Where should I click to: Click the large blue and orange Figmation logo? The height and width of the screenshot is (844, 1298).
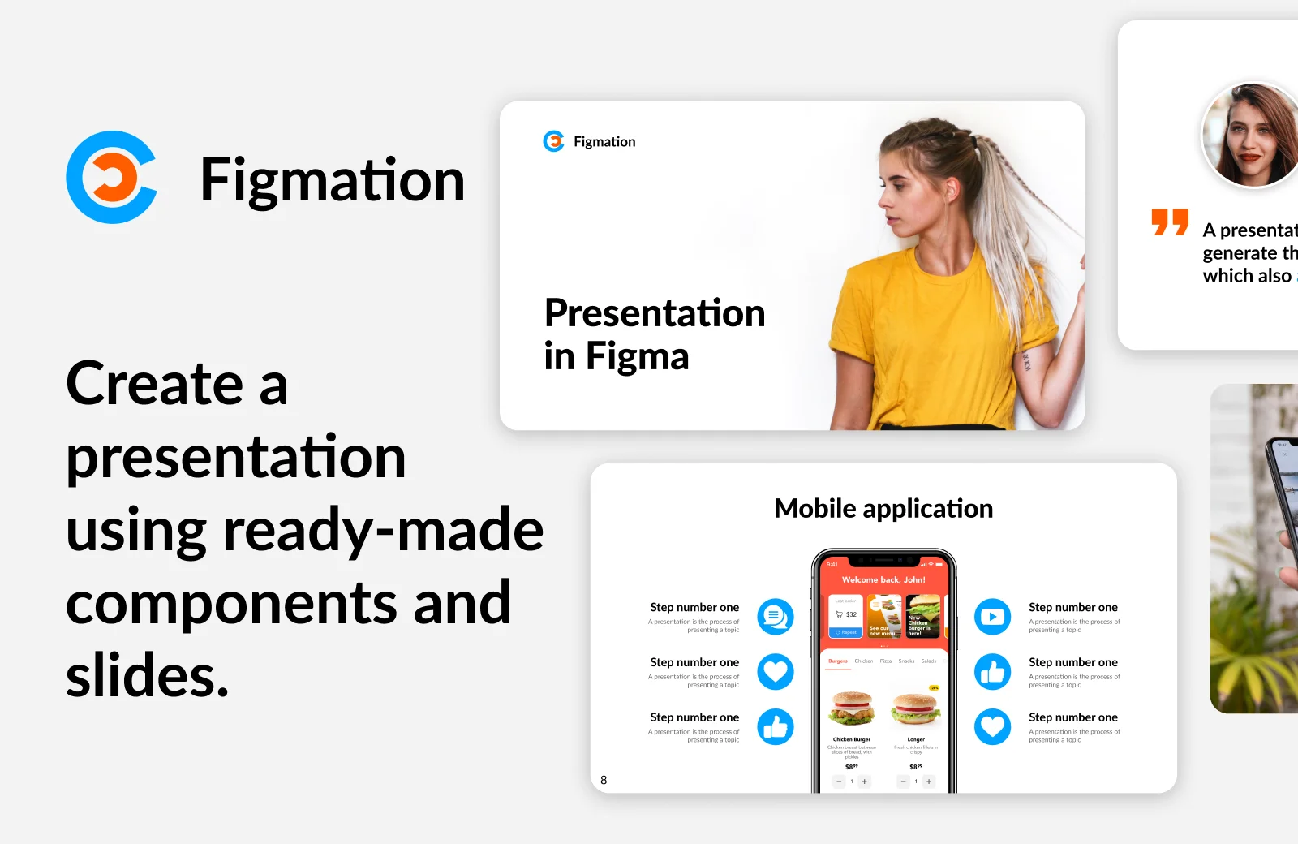click(x=111, y=177)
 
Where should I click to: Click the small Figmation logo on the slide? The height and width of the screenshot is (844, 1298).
click(x=553, y=141)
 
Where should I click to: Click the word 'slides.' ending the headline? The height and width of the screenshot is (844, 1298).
click(x=147, y=676)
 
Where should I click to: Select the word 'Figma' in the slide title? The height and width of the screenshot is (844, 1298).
click(x=637, y=356)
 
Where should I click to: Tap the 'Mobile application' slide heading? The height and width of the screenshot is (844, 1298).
click(x=883, y=509)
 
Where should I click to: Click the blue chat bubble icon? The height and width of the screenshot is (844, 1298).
click(x=775, y=617)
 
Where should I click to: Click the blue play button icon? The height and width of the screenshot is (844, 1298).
click(x=992, y=617)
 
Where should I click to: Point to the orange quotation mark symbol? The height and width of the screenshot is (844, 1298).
click(x=1170, y=222)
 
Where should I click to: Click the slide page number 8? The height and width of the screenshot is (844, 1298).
click(x=604, y=780)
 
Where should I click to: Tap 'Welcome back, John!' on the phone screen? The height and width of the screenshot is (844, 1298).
click(x=883, y=579)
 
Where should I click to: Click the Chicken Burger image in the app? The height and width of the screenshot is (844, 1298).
click(x=852, y=708)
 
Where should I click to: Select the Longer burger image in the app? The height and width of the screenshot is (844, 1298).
click(x=916, y=708)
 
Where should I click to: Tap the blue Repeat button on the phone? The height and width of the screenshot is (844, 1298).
click(x=845, y=632)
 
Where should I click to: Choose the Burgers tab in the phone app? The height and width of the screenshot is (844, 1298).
click(x=838, y=661)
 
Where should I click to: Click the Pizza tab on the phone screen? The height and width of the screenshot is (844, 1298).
click(x=886, y=661)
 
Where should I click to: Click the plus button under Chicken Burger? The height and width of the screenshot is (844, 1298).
click(x=865, y=782)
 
